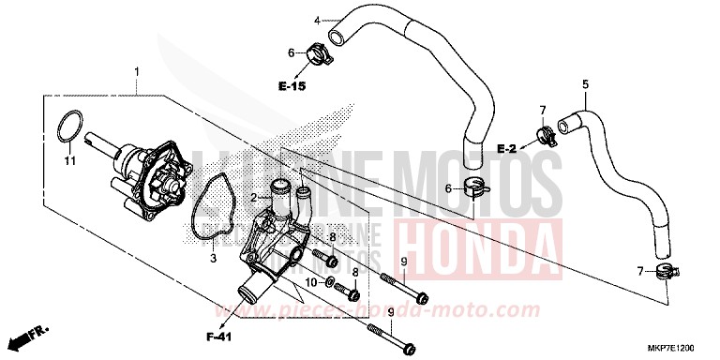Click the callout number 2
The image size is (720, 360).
(252, 197)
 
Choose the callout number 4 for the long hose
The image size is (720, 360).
(317, 19)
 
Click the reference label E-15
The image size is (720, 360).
(292, 86)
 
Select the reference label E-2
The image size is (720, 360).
(507, 149)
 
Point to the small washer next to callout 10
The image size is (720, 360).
(331, 282)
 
